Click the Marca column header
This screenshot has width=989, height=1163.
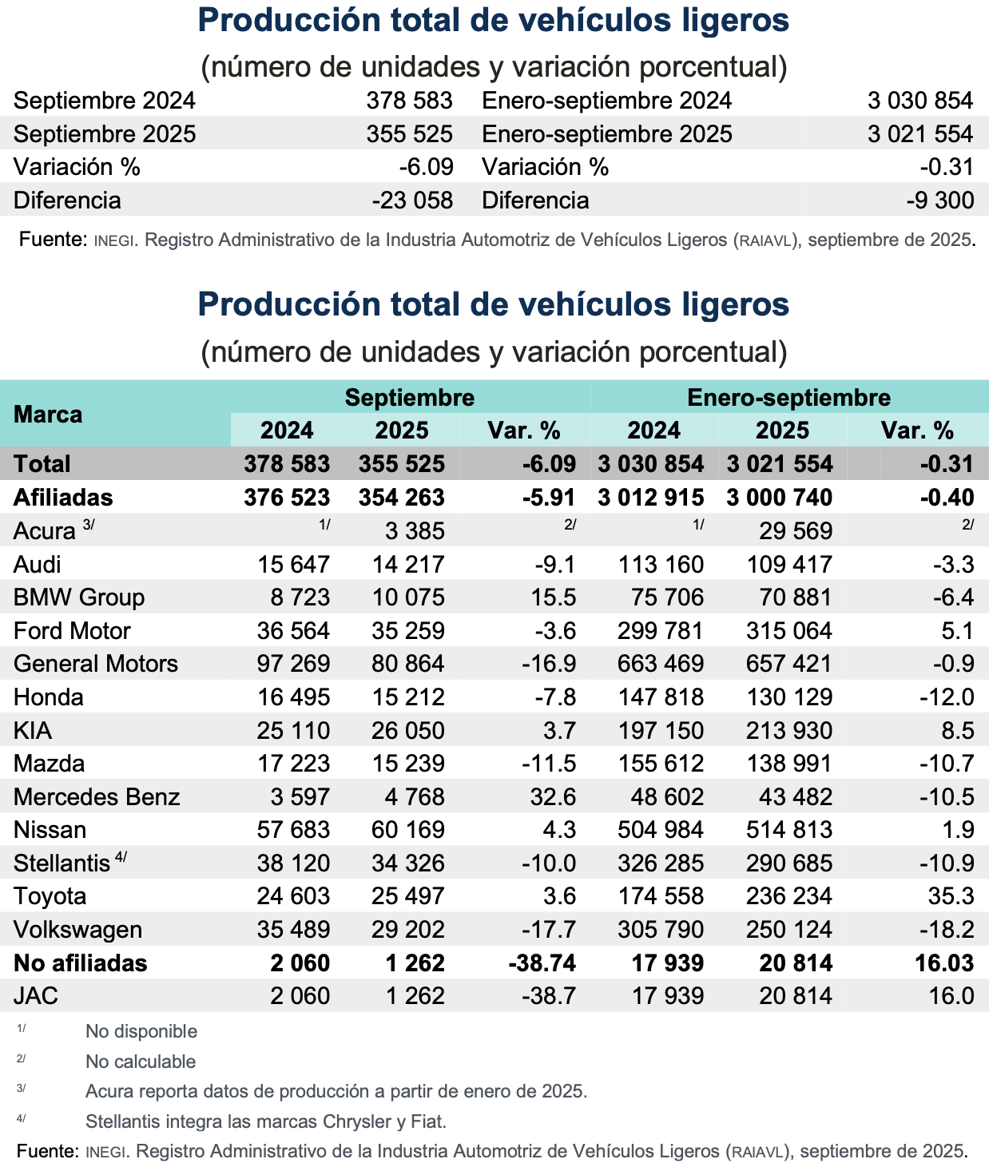pyautogui.click(x=48, y=415)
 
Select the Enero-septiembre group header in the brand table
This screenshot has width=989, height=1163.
pyautogui.click(x=788, y=397)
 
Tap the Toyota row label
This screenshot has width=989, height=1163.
pyautogui.click(x=50, y=896)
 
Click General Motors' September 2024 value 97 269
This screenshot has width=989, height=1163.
pyautogui.click(x=293, y=664)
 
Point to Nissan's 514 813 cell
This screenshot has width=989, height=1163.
pyautogui.click(x=788, y=830)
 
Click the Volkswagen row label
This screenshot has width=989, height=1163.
pyautogui.click(x=77, y=930)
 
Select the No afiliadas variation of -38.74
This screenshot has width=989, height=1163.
pyautogui.click(x=542, y=963)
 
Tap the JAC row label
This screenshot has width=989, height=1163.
pyautogui.click(x=36, y=996)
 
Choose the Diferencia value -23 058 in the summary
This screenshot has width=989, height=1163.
pyautogui.click(x=412, y=200)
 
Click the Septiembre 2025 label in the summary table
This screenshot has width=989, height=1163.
pyautogui.click(x=105, y=134)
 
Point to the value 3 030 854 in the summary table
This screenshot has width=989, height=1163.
pyautogui.click(x=920, y=101)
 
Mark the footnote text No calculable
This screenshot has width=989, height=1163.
pyautogui.click(x=141, y=1062)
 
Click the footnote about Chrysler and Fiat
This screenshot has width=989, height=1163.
pyautogui.click(x=266, y=1121)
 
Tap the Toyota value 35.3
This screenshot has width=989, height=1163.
pyautogui.click(x=951, y=896)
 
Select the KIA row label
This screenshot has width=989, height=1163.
pyautogui.click(x=33, y=730)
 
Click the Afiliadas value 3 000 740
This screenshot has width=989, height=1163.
pyautogui.click(x=779, y=498)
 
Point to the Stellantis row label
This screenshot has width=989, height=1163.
pyautogui.click(x=62, y=863)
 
